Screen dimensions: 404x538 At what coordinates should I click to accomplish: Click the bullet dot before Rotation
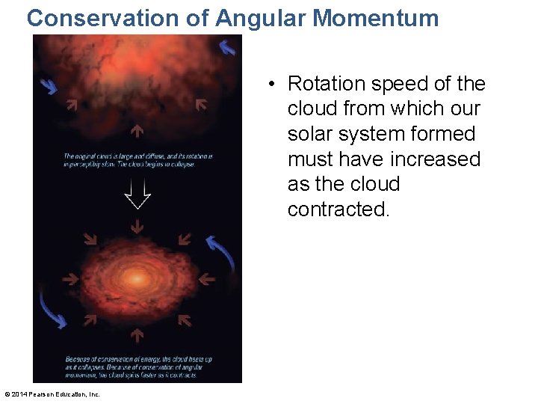click(276, 84)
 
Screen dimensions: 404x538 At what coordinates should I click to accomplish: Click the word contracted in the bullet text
click(338, 209)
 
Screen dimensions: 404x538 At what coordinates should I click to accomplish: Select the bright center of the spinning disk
click(137, 278)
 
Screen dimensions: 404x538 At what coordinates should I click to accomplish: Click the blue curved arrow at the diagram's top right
click(227, 47)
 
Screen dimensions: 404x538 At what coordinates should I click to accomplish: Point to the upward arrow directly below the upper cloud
click(137, 132)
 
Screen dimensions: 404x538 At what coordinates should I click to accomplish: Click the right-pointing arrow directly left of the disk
click(70, 279)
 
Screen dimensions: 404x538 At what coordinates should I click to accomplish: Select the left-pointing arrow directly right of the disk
click(205, 279)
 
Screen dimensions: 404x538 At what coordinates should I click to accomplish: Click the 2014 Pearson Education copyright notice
click(52, 394)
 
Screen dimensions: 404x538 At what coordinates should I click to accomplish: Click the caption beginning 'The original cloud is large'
click(137, 160)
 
